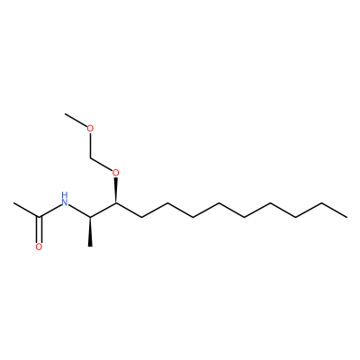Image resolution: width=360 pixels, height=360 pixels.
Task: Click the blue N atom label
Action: click(64, 202)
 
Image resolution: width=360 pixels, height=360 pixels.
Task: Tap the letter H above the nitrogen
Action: click(64, 195)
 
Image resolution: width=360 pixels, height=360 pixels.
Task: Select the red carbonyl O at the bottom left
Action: click(39, 247)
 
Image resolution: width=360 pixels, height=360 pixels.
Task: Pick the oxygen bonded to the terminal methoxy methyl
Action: click(90, 129)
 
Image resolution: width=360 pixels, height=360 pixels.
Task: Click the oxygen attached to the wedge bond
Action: click(116, 173)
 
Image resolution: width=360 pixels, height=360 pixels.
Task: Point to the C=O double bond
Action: click(39, 229)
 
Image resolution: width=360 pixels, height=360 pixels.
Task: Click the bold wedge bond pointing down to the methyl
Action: click(90, 232)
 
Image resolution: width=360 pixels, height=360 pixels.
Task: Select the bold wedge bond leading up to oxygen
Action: click(116, 191)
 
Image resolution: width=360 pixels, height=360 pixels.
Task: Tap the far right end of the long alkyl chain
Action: click(347, 217)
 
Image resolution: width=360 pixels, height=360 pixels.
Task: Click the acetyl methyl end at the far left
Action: click(13, 202)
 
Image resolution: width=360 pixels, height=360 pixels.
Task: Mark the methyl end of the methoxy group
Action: click(65, 114)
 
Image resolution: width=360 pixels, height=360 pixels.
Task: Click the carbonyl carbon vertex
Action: click(39, 217)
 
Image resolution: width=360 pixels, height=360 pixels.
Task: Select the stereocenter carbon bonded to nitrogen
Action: click(90, 217)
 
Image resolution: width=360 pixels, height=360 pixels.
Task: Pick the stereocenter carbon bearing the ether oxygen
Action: click(116, 202)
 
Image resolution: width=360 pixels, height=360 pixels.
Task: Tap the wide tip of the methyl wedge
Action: click(90, 246)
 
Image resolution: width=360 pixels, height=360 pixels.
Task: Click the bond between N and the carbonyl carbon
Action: click(49, 211)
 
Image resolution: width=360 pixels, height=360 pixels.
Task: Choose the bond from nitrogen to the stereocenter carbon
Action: click(79, 211)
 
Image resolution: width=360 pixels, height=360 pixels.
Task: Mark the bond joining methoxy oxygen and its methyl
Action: click(76, 121)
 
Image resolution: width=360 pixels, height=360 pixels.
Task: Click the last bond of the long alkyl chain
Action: click(334, 210)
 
